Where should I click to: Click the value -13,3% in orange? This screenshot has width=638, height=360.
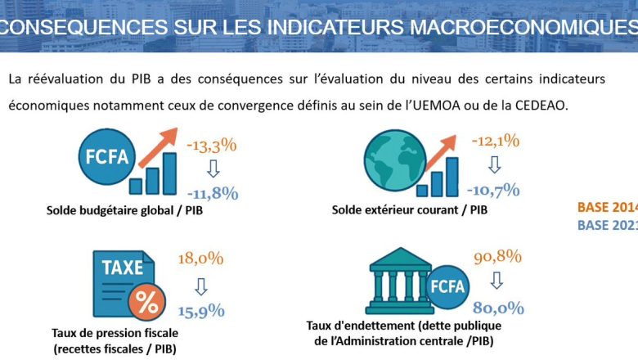coord(212,146)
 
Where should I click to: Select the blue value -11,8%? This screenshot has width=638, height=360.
coord(212,193)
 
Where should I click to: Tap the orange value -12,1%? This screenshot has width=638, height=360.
coord(495,141)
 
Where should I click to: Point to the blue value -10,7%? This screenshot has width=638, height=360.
coord(493,190)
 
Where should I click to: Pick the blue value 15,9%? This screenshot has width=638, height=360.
coord(200,311)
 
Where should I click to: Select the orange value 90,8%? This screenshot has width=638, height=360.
coord(497,256)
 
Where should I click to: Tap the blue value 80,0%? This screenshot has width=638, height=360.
coord(496,308)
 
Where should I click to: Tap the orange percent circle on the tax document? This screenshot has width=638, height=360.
coord(147,302)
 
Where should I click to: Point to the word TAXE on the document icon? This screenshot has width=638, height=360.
coord(123,268)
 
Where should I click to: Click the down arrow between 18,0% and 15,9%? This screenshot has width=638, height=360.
coord(200,286)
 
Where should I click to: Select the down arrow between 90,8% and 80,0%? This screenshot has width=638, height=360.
coord(496,282)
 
